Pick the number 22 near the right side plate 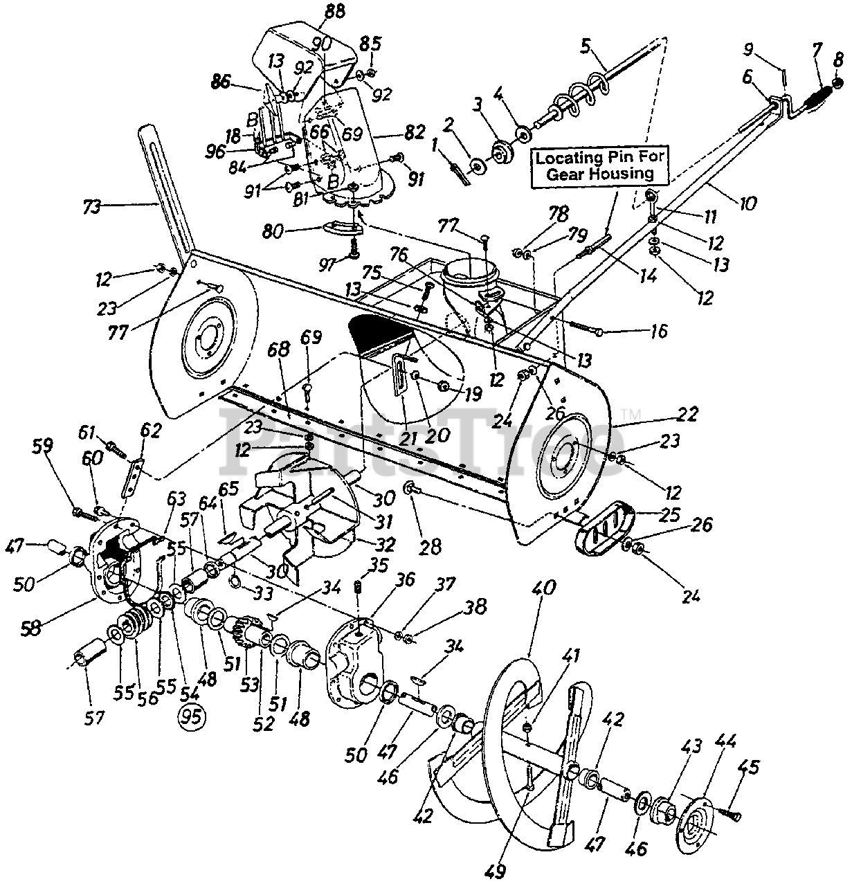coord(688,415)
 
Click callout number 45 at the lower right coord(749,767)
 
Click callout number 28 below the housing coord(430,547)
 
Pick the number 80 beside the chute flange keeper coord(288,230)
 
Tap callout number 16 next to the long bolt coord(658,332)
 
